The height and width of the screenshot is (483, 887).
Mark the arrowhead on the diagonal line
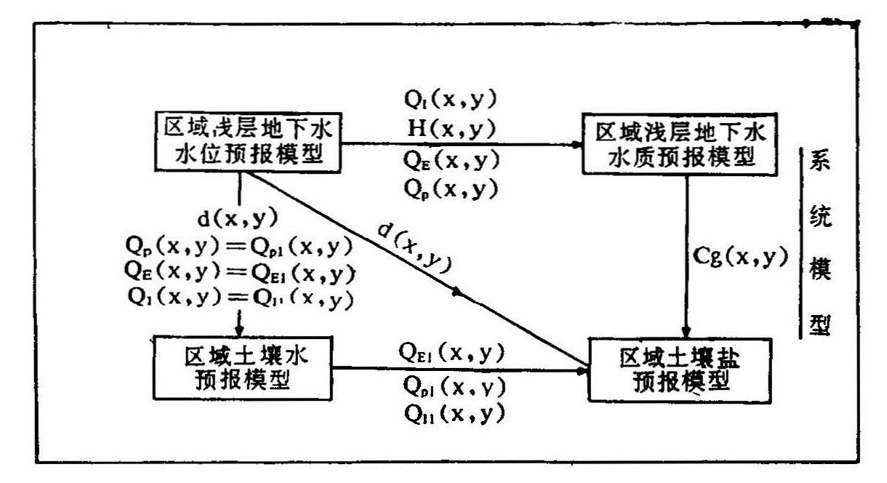pyautogui.click(x=458, y=292)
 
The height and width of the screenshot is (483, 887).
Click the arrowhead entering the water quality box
pyautogui.click(x=577, y=144)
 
